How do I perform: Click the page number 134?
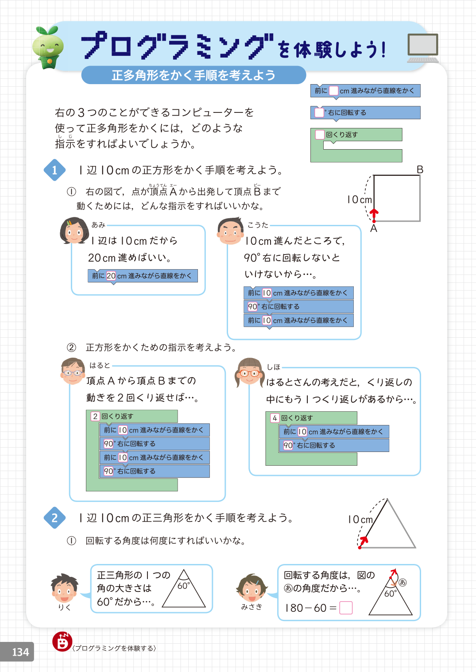tap(20, 652)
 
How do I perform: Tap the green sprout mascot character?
tap(48, 48)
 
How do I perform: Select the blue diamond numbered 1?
tap(54, 170)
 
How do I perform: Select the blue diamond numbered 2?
tap(54, 518)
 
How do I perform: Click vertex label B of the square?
tap(420, 170)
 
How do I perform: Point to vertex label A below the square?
tap(374, 228)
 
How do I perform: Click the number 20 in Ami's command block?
tap(111, 276)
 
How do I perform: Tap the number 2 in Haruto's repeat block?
tap(95, 416)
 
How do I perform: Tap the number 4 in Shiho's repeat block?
tap(275, 418)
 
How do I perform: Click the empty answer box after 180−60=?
tap(346, 608)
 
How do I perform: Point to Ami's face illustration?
tap(74, 231)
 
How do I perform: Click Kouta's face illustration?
tap(230, 231)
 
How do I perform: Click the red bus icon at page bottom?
tap(62, 641)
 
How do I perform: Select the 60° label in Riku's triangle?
tap(183, 586)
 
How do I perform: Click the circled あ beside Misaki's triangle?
tap(402, 582)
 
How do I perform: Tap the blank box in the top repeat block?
tap(320, 135)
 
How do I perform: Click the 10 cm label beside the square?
tap(359, 200)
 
